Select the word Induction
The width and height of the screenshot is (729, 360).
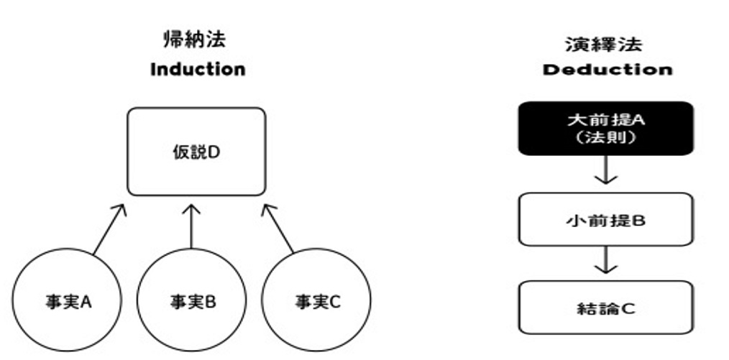[x=198, y=70]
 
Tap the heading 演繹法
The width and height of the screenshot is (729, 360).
[x=603, y=45]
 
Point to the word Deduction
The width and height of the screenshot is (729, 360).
[x=607, y=70]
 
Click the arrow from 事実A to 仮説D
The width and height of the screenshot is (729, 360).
[x=109, y=229]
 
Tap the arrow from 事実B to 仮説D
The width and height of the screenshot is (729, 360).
[x=191, y=226]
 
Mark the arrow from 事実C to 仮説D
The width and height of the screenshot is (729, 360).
[x=278, y=229]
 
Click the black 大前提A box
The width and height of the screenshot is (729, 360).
[x=606, y=128]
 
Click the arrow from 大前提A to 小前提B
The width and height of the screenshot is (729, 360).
[x=606, y=170]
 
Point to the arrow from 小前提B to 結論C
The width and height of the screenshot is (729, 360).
[x=606, y=259]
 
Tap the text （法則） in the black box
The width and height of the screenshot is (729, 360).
[x=605, y=138]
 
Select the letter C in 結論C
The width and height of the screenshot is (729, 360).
[x=628, y=308]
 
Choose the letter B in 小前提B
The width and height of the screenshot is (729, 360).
[x=639, y=220]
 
